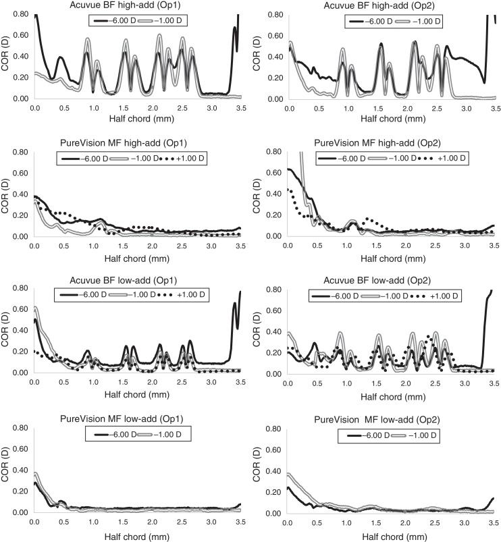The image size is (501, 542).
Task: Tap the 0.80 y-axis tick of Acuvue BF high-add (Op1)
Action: (20, 14)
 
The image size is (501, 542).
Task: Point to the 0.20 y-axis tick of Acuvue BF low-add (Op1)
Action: (20, 352)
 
